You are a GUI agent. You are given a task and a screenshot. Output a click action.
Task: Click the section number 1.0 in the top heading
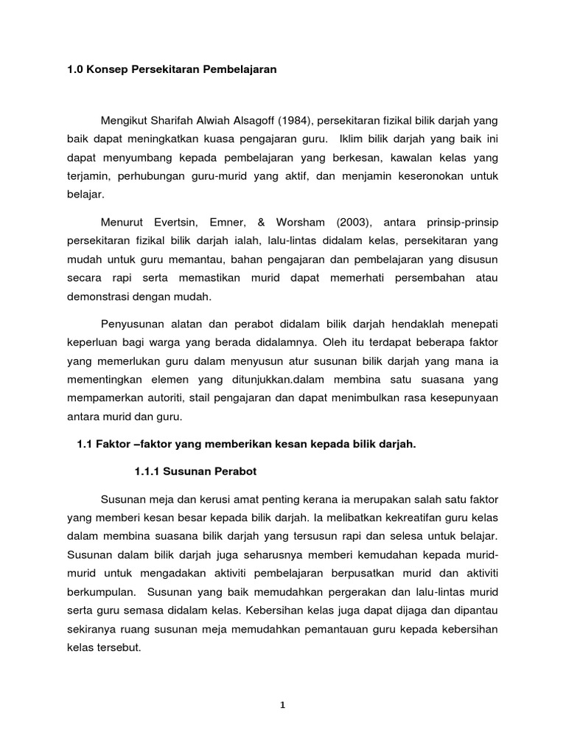click(75, 70)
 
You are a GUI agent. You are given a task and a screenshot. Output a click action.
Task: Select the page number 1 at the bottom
click(282, 705)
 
